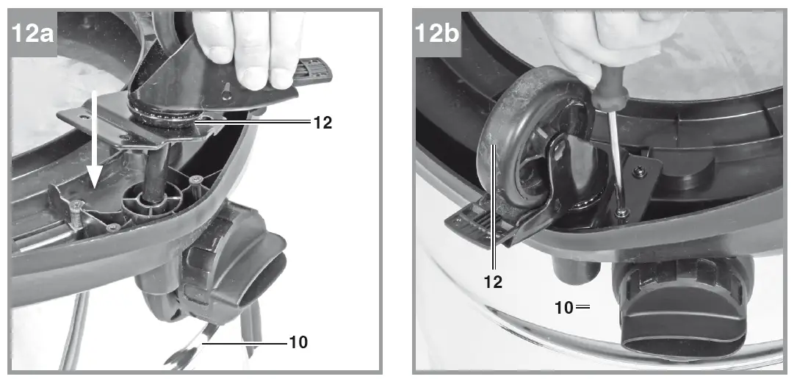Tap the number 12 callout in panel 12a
point(322,123)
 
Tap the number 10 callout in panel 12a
point(297,342)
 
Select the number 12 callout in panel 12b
point(494,281)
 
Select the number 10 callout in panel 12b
point(564,307)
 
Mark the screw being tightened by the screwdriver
point(622,213)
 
